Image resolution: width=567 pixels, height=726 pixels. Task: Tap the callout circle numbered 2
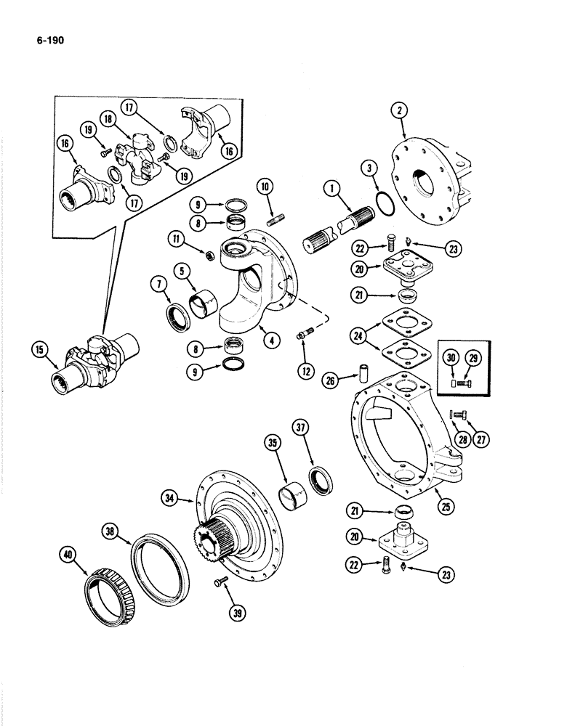tap(398, 111)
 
